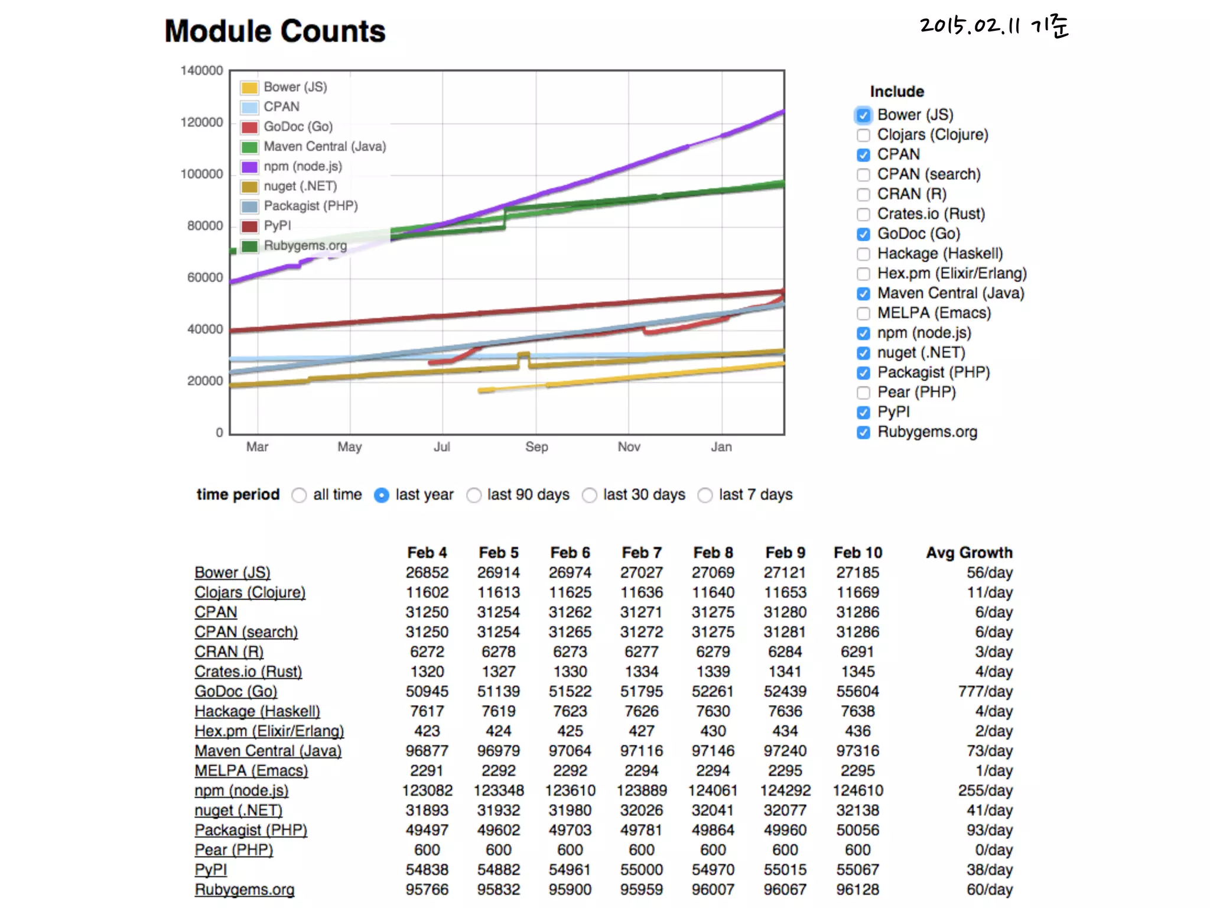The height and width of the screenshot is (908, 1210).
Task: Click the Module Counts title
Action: tap(275, 31)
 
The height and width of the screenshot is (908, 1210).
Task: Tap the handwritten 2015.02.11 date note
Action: tap(994, 27)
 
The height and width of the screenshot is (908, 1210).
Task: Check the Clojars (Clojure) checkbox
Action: tap(863, 135)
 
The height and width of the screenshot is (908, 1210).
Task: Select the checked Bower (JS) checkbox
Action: tap(863, 115)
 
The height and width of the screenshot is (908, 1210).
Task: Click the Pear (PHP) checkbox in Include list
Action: tap(863, 393)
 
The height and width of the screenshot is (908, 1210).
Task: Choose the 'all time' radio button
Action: tap(300, 495)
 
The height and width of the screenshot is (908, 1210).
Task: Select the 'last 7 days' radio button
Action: tap(705, 495)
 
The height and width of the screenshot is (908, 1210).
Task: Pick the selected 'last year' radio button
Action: tap(382, 495)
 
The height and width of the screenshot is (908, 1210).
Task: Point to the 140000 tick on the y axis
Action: tap(201, 71)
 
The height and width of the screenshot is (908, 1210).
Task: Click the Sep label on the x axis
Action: tap(536, 447)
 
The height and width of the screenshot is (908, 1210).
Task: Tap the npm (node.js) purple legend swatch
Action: tap(249, 167)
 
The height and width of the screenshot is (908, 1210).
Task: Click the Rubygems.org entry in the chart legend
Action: tap(305, 245)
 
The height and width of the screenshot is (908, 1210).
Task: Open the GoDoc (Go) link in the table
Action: tap(236, 692)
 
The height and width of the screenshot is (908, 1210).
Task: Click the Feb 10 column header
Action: tap(857, 553)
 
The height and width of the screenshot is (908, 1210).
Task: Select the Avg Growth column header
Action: tap(968, 553)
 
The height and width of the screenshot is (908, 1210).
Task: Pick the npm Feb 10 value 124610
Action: tap(857, 790)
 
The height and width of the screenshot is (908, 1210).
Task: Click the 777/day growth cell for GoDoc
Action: tap(985, 692)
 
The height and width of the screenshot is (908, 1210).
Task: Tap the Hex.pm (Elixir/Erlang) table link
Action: tap(269, 731)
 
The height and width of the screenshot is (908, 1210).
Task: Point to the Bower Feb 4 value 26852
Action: tap(427, 573)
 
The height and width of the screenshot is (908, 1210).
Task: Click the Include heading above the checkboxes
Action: tap(896, 92)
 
